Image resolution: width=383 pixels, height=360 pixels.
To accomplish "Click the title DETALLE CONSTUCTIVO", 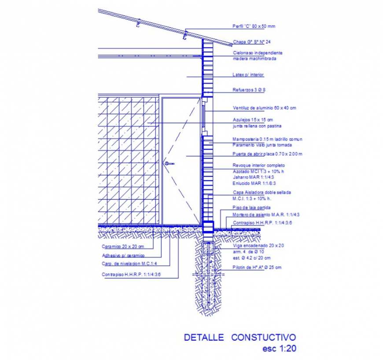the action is (x=239, y=338).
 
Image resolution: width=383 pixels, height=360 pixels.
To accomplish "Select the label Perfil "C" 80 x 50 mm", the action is (x=254, y=26).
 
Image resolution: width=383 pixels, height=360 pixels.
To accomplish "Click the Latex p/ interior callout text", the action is (x=248, y=75).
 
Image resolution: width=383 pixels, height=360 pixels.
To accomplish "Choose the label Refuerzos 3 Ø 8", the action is (x=249, y=90).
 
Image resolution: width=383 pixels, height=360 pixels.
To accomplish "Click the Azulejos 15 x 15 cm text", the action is (x=253, y=120).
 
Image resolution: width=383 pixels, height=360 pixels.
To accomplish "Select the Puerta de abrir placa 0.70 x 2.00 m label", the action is (x=267, y=154).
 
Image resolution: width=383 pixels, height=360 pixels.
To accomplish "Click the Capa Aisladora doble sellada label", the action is (x=261, y=193).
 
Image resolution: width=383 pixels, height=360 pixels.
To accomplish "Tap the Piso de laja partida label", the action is (x=251, y=207).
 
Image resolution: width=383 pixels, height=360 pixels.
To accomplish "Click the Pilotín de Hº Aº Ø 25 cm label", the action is (x=257, y=267).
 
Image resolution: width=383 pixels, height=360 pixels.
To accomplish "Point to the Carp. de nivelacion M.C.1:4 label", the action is (x=129, y=264).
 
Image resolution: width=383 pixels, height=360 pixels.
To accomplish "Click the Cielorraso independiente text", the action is (x=258, y=53).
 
